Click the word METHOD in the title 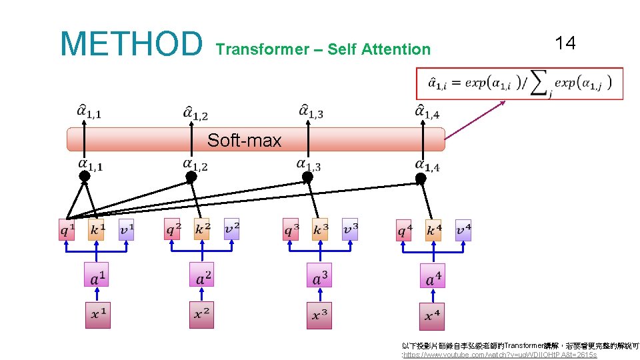131,43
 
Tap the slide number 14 565,44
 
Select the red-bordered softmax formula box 519,83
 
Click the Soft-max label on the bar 244,140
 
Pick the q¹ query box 67,230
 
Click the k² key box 202,229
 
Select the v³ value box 350,229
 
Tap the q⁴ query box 404,231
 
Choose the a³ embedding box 320,275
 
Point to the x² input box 201,315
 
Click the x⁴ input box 432,315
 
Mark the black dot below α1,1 85,177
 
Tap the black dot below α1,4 421,178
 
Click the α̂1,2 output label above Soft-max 195,113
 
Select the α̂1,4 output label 427,111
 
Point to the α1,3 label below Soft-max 309,164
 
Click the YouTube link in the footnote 500,355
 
